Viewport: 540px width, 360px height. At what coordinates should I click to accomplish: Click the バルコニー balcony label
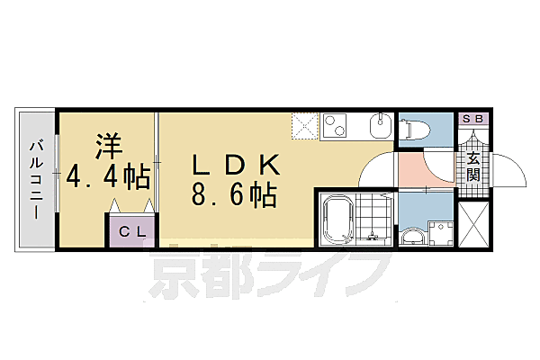tap(36, 181)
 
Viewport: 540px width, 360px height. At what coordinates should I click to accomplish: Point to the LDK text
tap(238, 166)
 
